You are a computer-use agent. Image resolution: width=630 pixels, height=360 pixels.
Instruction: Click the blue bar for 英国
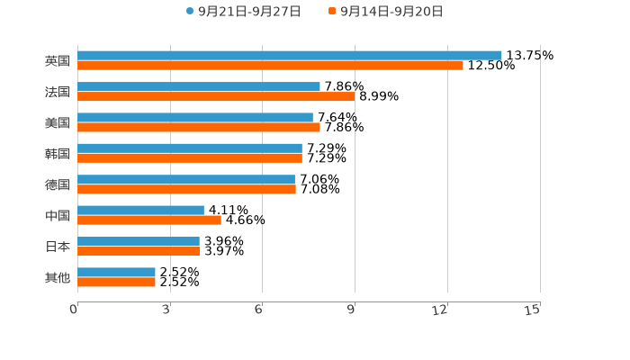coord(289,55)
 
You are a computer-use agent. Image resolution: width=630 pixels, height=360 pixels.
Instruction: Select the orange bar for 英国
coord(270,66)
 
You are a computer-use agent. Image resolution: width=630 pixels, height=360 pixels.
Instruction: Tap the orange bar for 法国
coord(216,96)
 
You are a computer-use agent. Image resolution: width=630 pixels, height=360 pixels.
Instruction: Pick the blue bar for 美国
coord(195,117)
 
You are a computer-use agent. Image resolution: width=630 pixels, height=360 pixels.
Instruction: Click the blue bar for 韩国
coord(190,148)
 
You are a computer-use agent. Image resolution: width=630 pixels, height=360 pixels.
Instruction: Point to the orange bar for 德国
coord(186,189)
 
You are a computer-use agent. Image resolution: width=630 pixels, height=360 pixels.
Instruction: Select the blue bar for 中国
coord(140,210)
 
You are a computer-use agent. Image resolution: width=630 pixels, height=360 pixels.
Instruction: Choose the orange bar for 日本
coord(139,251)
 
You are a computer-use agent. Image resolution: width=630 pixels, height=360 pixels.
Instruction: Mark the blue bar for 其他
coord(116,272)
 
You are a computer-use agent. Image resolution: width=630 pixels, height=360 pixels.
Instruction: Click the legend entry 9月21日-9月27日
coord(243,12)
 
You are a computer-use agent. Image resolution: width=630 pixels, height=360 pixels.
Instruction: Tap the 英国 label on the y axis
coord(58,60)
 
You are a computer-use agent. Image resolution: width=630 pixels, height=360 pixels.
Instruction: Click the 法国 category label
coord(58,92)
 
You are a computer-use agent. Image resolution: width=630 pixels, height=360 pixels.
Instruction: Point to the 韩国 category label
coord(58,153)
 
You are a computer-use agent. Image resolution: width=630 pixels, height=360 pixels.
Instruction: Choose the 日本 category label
coord(58,246)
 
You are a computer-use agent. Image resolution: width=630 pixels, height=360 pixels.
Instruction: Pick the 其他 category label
coord(58,277)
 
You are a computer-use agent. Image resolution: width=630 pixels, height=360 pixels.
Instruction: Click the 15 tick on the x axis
coord(533,310)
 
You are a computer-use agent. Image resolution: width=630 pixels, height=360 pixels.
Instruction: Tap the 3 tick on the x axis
coord(166,310)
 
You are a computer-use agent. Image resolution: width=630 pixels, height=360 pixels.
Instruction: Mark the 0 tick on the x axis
coord(75,310)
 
